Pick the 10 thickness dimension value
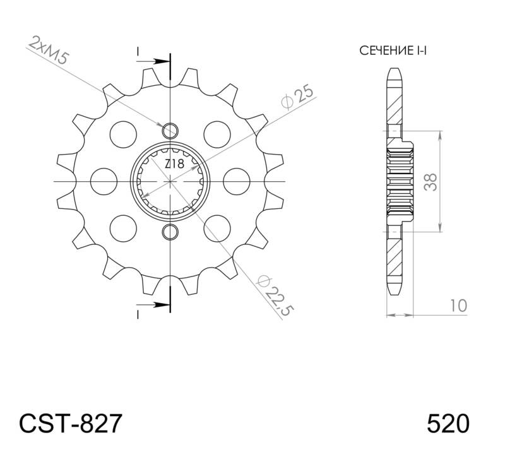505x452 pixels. [x=459, y=306]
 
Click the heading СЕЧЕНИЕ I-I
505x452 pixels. [x=393, y=51]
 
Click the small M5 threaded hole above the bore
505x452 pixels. [x=170, y=131]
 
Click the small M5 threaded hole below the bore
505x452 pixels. [x=170, y=232]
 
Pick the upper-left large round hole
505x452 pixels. [x=123, y=134]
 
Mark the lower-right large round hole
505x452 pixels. [x=218, y=228]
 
